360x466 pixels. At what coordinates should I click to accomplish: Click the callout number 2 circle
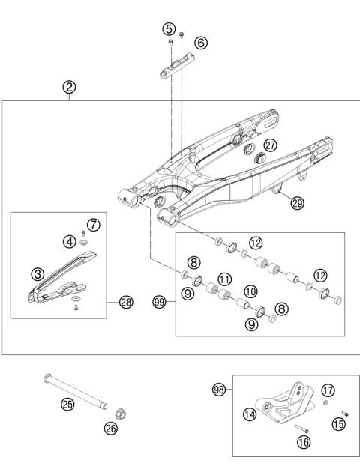[69, 88]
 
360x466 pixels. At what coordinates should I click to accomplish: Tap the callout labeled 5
[169, 28]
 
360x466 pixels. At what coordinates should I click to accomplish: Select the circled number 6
[200, 43]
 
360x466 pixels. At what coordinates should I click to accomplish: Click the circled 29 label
[298, 203]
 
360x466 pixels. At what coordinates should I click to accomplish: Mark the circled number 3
[35, 275]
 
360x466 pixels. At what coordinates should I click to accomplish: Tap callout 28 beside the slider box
[125, 303]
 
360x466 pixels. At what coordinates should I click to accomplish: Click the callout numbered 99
[158, 303]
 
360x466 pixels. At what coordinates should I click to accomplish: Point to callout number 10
[250, 290]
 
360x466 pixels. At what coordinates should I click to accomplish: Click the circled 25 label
[67, 405]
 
